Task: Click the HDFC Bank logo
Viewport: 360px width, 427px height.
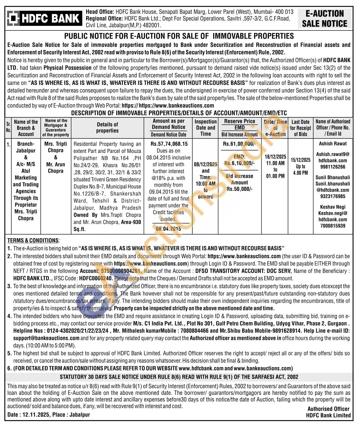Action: pos(44,18)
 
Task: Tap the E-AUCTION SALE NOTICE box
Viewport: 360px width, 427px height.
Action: pos(325,19)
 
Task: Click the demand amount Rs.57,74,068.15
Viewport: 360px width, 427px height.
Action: pos(169,144)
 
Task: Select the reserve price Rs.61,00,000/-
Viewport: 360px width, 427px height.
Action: pos(239,144)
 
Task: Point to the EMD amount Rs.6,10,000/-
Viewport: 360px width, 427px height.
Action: pos(239,163)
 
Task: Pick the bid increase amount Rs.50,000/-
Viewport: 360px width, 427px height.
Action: pos(239,189)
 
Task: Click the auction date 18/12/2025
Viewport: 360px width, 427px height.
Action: pos(275,156)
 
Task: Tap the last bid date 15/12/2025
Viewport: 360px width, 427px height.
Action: pos(301,160)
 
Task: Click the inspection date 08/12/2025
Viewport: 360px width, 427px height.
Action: pos(205,164)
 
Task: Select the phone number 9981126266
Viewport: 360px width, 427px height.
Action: pos(333,167)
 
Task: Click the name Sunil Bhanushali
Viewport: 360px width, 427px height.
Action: pos(333,177)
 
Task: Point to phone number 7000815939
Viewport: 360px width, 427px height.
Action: pos(333,226)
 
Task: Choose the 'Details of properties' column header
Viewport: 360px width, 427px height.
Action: pos(107,128)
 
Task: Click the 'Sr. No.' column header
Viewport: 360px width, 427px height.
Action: pos(8,127)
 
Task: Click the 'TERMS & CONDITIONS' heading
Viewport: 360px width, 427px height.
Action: pos(33,241)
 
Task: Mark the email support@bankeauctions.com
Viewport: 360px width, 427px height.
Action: pos(46,338)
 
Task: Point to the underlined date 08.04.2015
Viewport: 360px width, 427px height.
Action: pos(168,229)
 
